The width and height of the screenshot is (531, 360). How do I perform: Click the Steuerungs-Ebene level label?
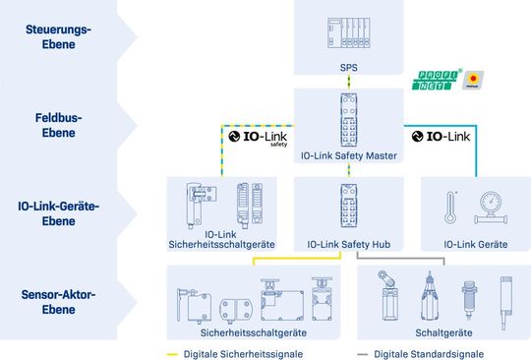tap(58, 36)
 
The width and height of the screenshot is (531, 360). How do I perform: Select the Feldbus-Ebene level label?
tap(58, 124)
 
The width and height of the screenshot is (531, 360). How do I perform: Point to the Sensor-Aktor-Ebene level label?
tap(58, 300)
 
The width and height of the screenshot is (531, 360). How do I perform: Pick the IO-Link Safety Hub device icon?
tap(348, 208)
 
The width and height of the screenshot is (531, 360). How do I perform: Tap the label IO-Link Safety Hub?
tap(349, 243)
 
